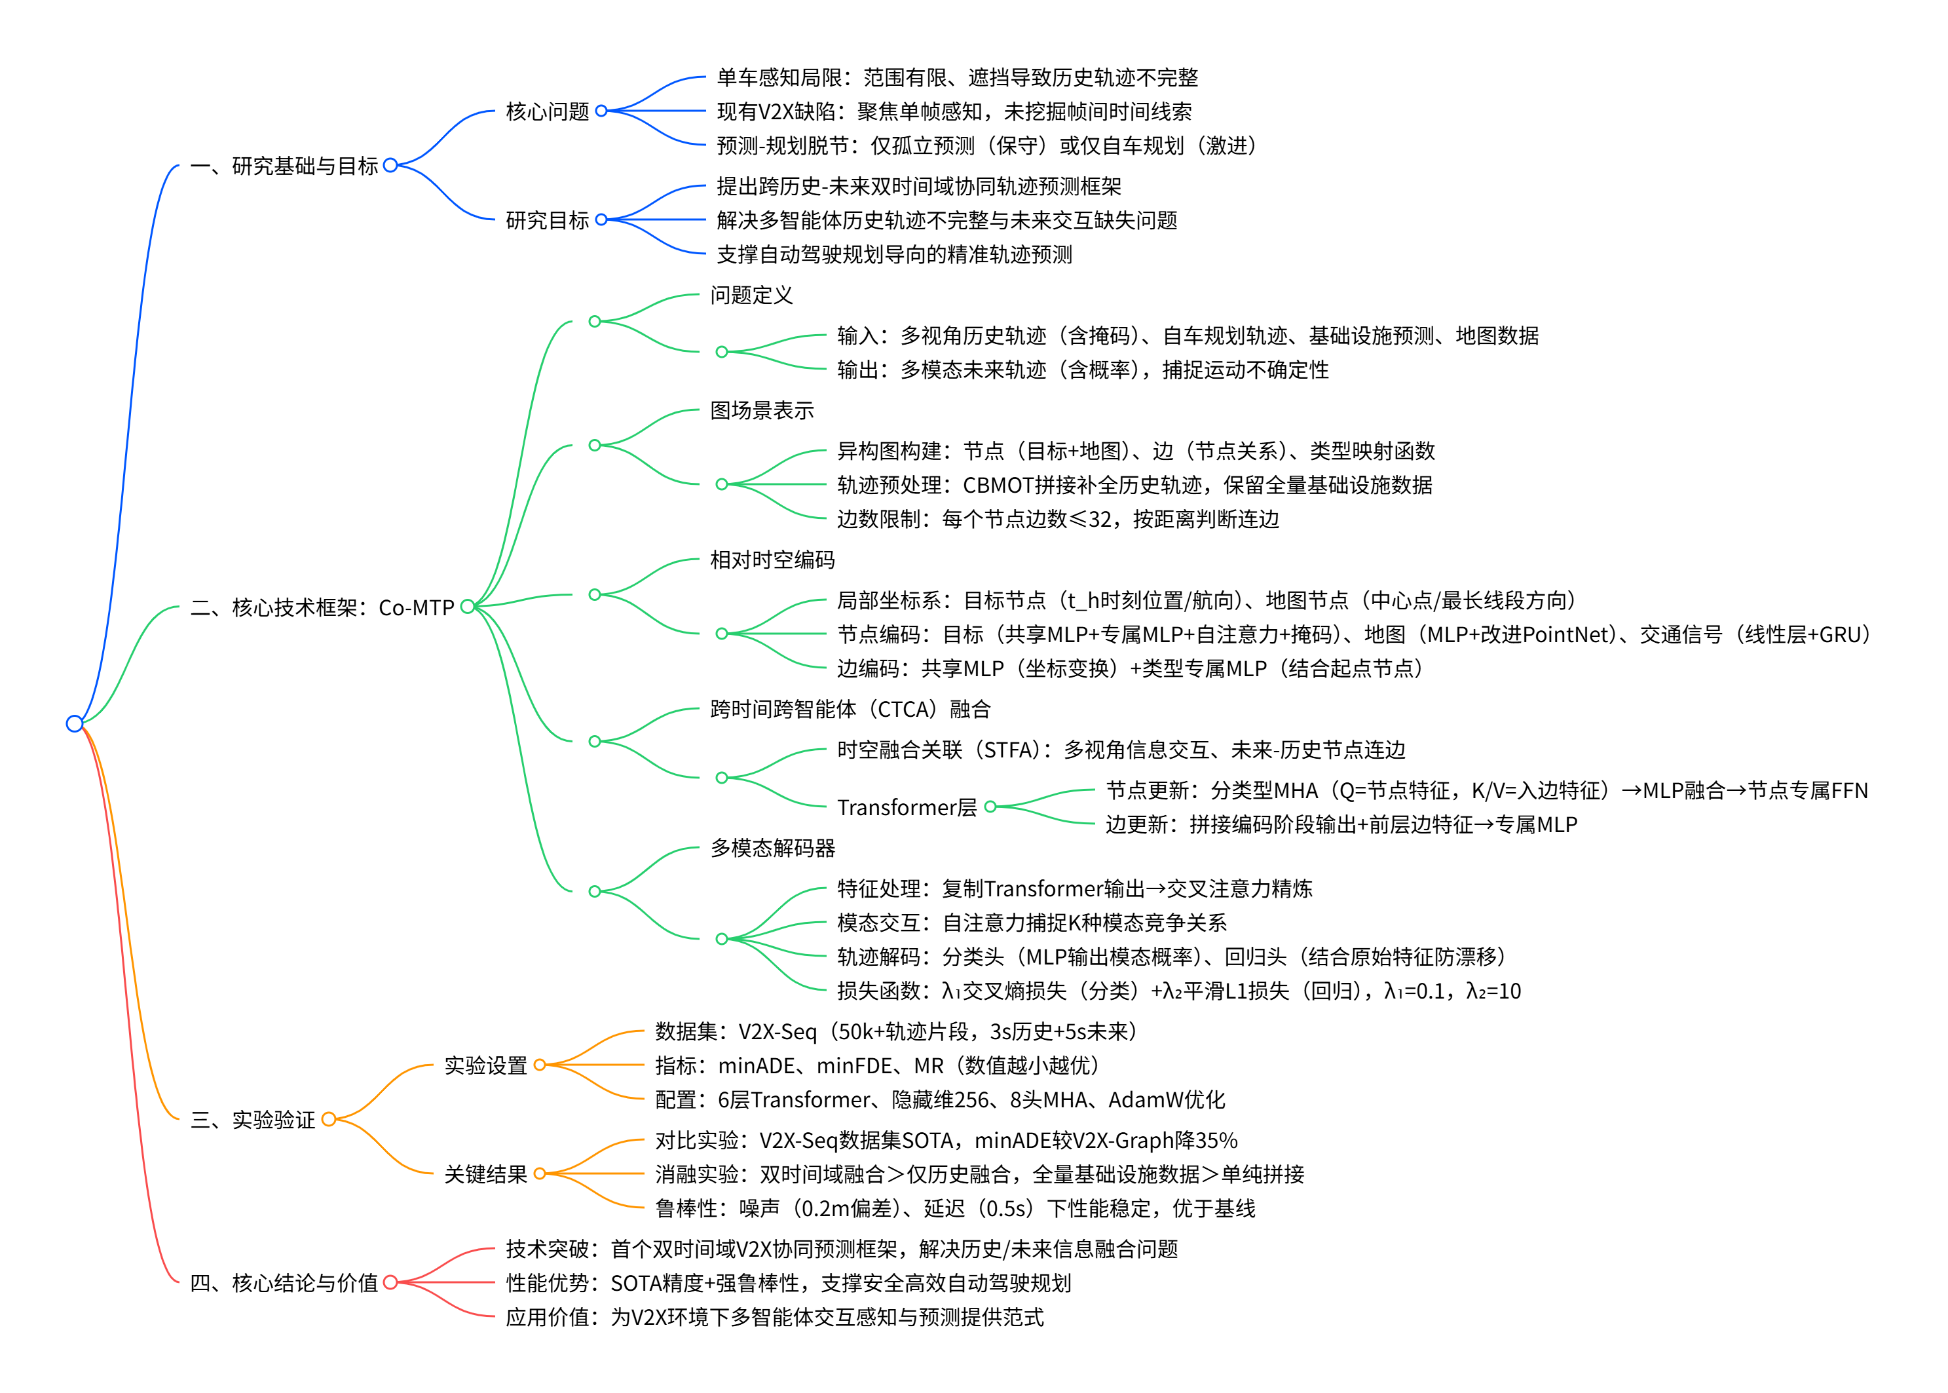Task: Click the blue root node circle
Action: click(75, 723)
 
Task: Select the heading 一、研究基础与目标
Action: click(284, 166)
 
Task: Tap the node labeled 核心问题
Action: click(547, 111)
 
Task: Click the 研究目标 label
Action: click(547, 220)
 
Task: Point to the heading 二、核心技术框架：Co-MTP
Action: click(322, 607)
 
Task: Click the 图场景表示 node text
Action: click(761, 411)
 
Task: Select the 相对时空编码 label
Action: click(772, 560)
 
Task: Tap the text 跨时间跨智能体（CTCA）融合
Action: click(850, 710)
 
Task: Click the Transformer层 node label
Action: click(907, 807)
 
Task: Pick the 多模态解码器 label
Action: click(772, 849)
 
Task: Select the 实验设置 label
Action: click(485, 1065)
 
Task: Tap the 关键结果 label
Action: click(485, 1174)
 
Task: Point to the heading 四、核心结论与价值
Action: click(284, 1282)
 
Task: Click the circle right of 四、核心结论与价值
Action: click(390, 1282)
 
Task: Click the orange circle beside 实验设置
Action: click(539, 1065)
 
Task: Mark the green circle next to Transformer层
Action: click(990, 807)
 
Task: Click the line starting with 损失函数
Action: click(1178, 991)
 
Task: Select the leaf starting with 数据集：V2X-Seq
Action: click(895, 1031)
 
